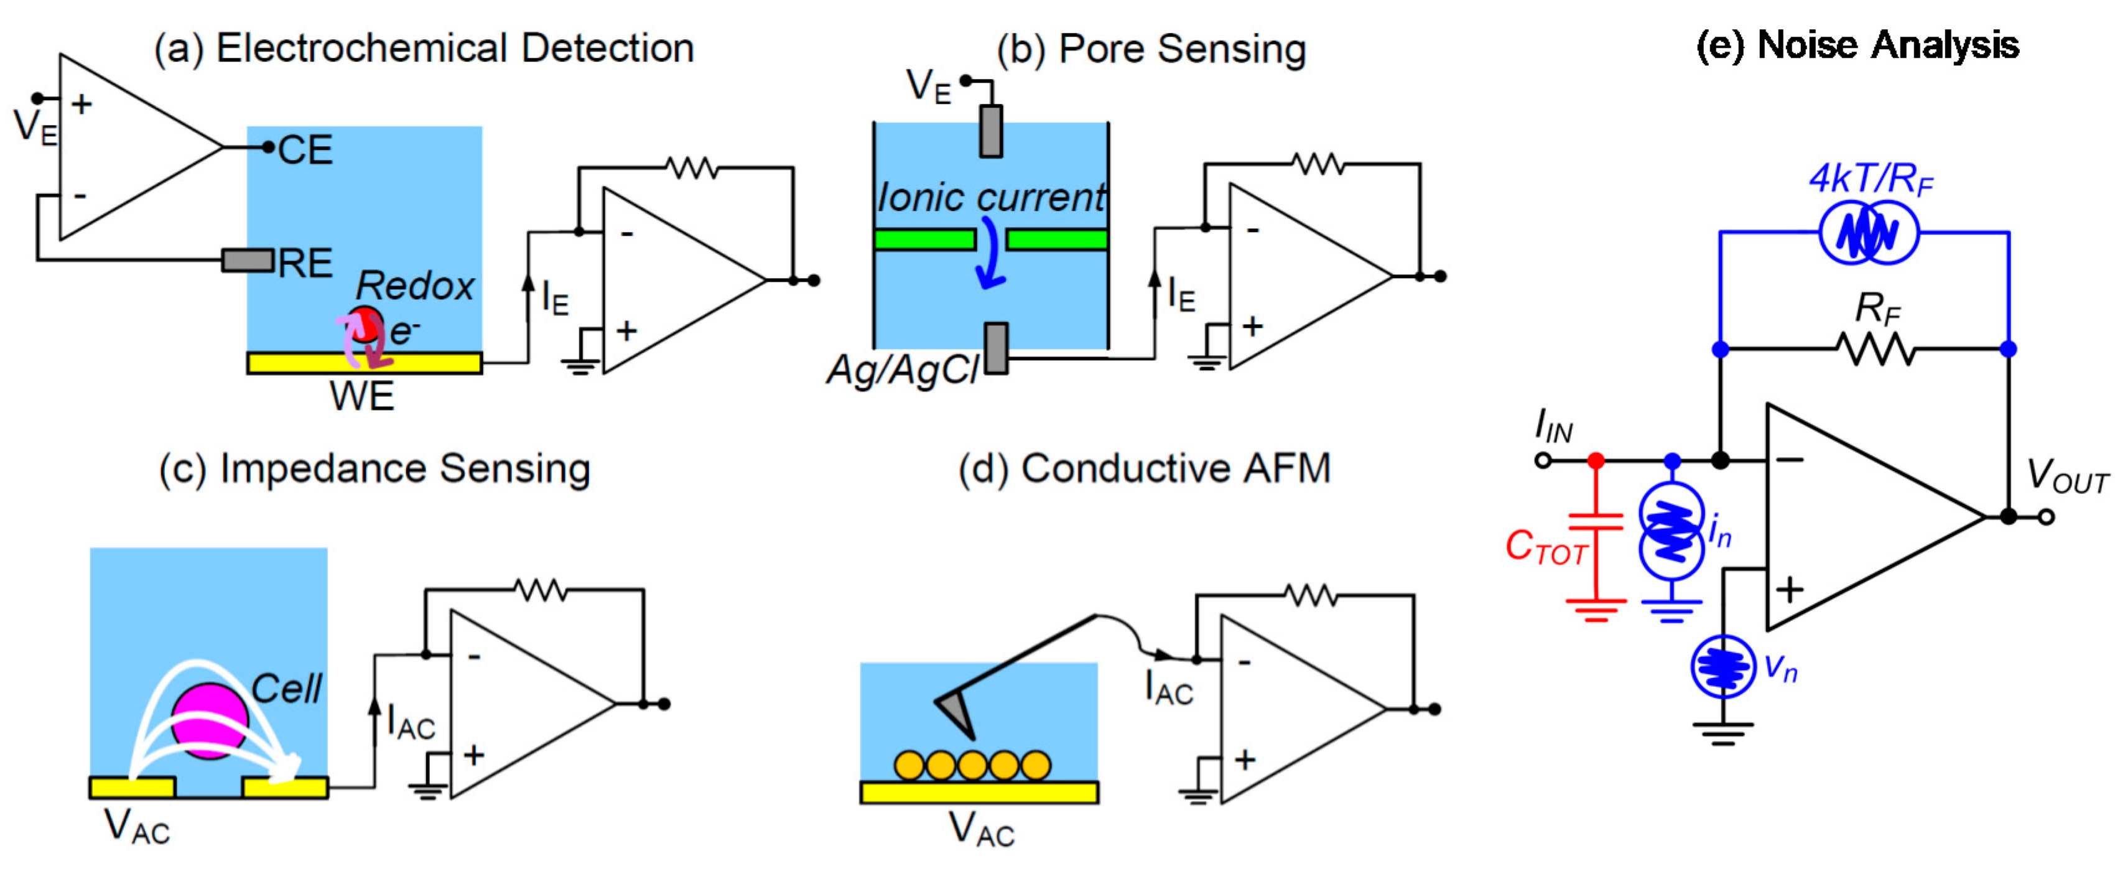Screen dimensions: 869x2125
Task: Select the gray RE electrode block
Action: [248, 261]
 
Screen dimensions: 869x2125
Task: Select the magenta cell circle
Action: [210, 720]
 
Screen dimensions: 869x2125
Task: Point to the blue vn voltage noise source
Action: [1723, 667]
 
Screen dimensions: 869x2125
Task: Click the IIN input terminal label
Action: [1553, 427]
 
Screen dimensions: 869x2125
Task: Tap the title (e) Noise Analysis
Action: [1857, 45]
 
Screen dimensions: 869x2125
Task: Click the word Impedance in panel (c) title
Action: [326, 469]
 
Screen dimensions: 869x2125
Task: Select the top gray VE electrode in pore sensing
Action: [991, 131]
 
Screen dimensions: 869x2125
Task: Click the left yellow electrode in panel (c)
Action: [132, 788]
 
